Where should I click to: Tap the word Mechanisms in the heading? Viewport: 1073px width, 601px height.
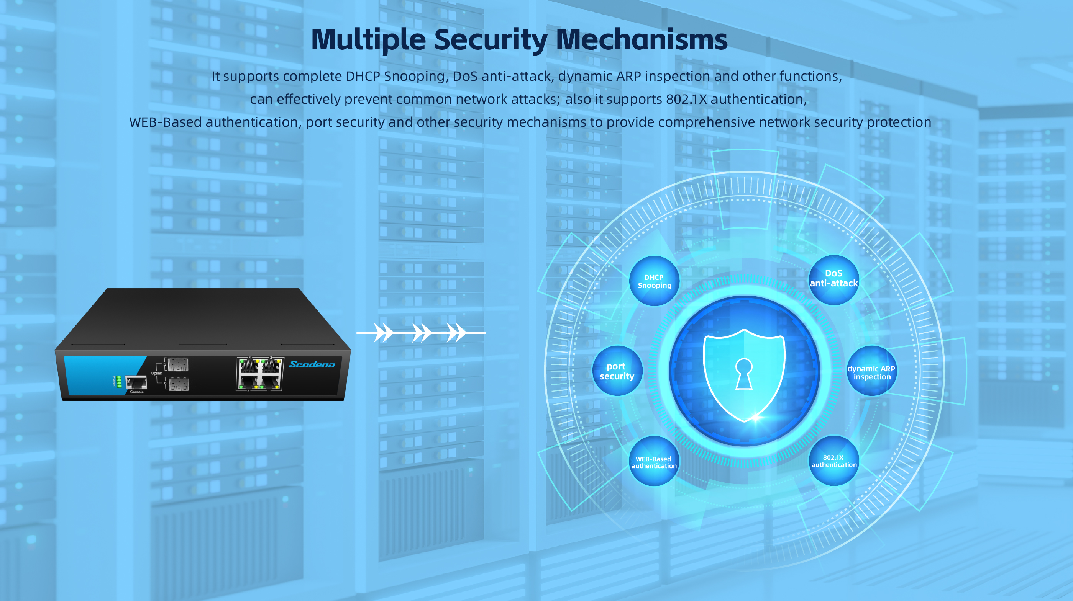[642, 40]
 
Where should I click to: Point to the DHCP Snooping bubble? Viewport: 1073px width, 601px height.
[654, 281]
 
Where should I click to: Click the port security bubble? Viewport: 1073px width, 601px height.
[617, 371]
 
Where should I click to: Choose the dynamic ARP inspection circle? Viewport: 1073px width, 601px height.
[871, 371]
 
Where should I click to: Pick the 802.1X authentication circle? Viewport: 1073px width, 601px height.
[834, 461]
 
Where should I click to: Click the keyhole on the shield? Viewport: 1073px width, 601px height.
[744, 373]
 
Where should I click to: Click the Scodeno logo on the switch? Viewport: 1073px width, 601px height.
[312, 364]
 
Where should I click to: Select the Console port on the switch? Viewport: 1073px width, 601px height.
[136, 382]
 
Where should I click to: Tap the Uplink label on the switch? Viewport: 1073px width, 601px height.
[157, 373]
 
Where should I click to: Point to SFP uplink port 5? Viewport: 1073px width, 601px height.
[178, 364]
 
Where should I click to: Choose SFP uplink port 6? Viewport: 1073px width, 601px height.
[179, 384]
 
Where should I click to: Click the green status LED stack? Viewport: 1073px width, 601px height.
[119, 382]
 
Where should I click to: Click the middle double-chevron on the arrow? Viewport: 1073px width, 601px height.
[421, 333]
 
